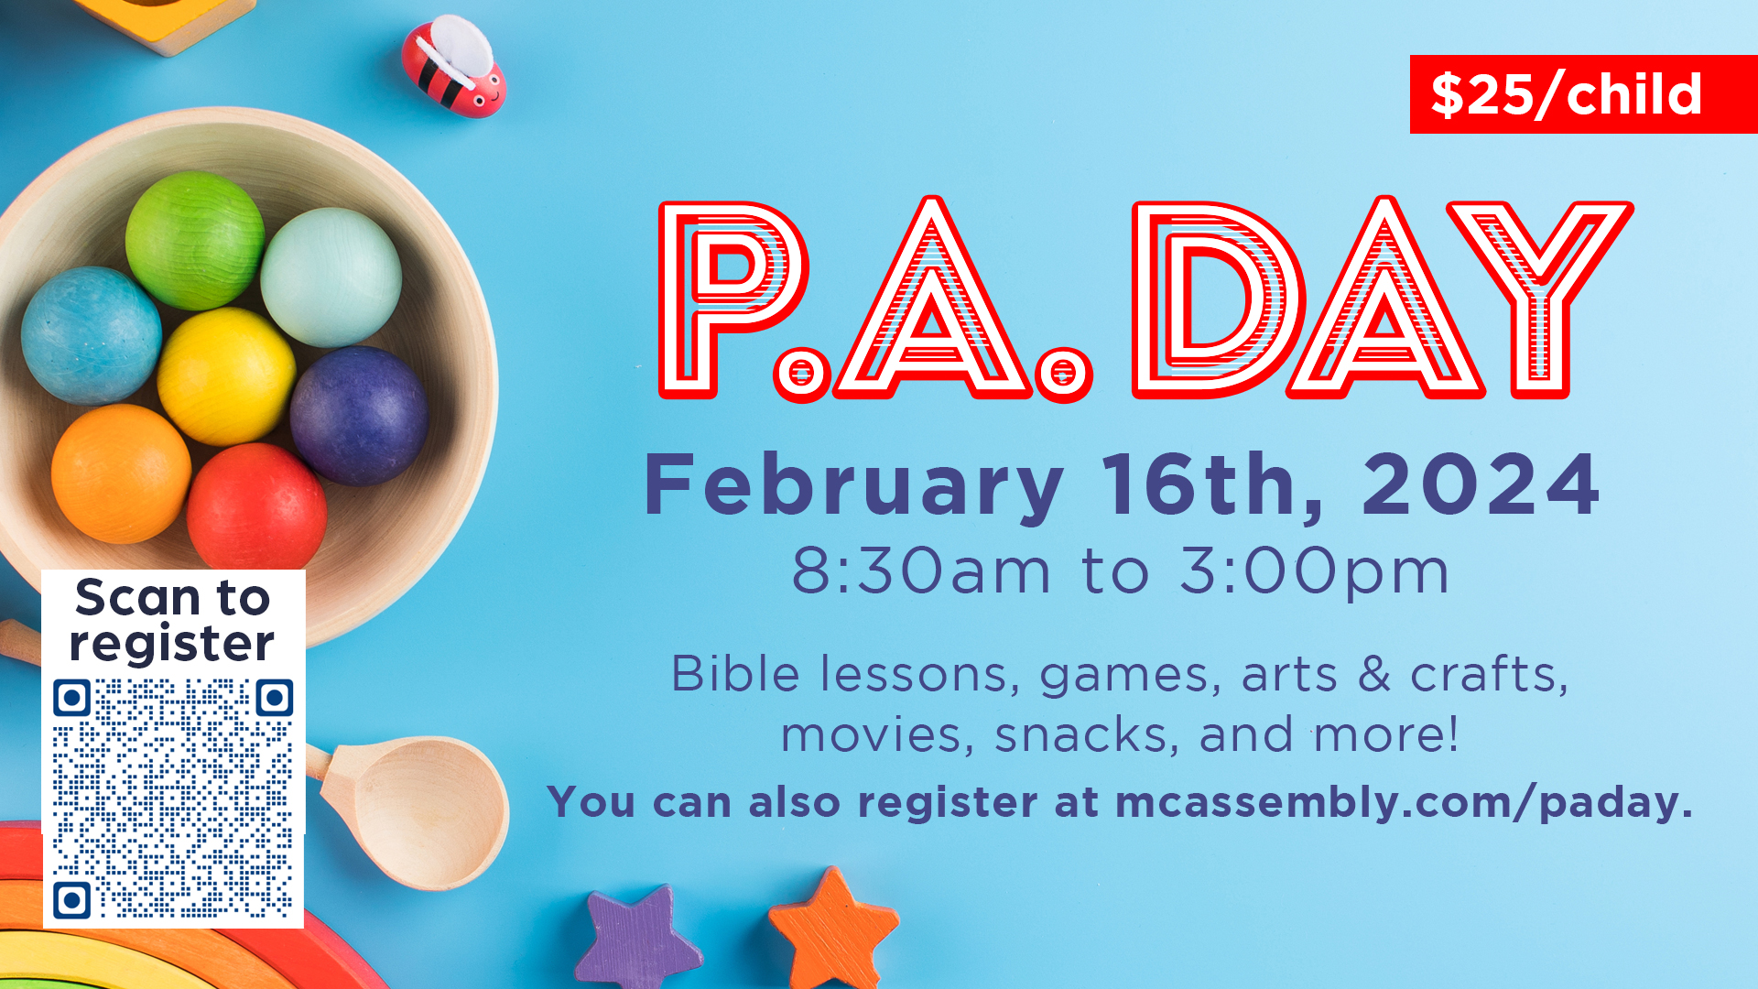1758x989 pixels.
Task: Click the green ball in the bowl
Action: pos(194,240)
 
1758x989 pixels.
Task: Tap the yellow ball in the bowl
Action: pos(225,375)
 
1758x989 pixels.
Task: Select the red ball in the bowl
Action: pos(256,507)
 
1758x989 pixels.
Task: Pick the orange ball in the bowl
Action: pos(120,473)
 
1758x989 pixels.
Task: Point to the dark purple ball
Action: pos(359,415)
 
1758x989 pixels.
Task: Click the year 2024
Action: pos(1481,484)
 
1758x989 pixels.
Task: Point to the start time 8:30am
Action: pos(920,571)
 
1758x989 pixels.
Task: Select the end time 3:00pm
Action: pos(1315,571)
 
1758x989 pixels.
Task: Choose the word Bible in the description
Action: pos(736,675)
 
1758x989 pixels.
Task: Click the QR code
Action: pos(173,798)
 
